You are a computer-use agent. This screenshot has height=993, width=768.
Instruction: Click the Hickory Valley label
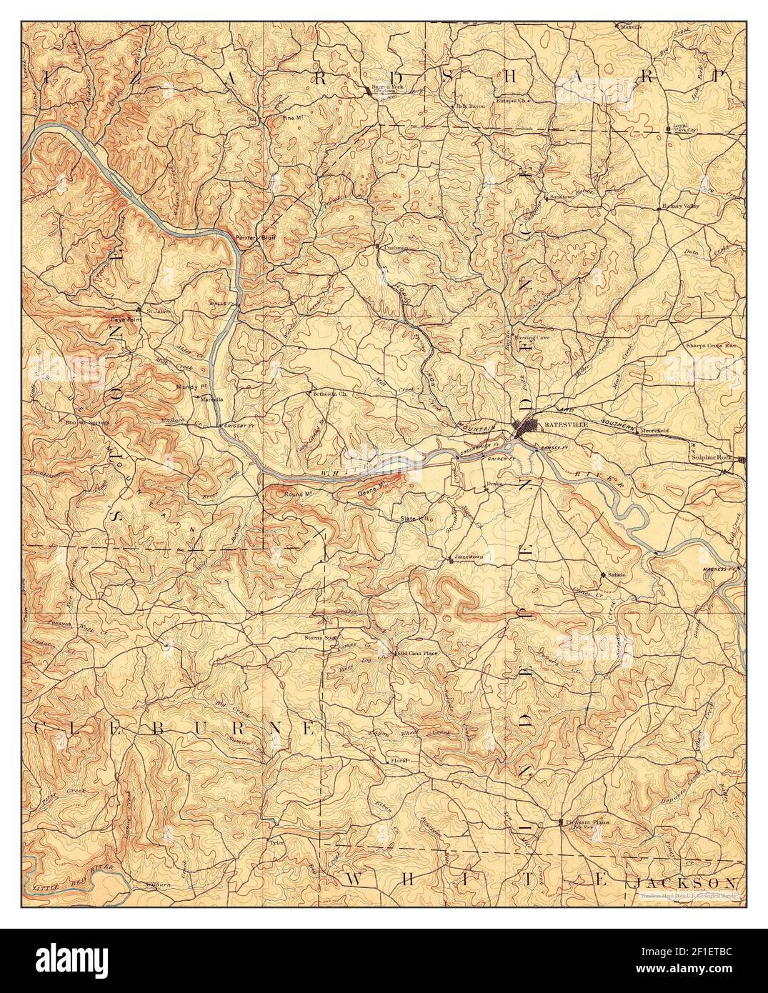point(681,206)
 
